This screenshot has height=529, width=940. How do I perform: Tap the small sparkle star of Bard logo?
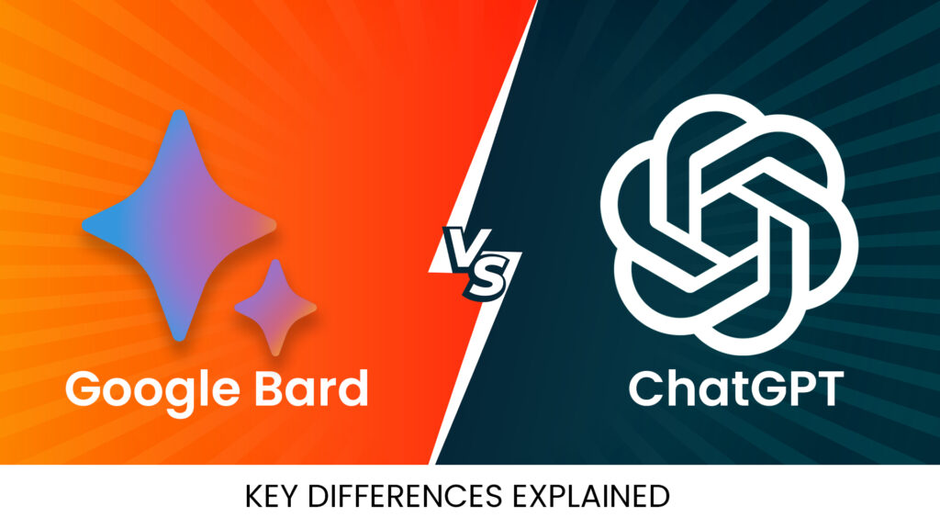275,306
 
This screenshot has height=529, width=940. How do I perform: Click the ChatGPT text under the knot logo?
734,388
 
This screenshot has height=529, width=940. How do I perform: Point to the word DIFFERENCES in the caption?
408,497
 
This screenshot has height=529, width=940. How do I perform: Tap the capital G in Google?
84,388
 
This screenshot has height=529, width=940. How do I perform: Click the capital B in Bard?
265,388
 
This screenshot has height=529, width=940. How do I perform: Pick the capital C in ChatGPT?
646,388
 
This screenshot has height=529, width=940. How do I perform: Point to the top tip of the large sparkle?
179,114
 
